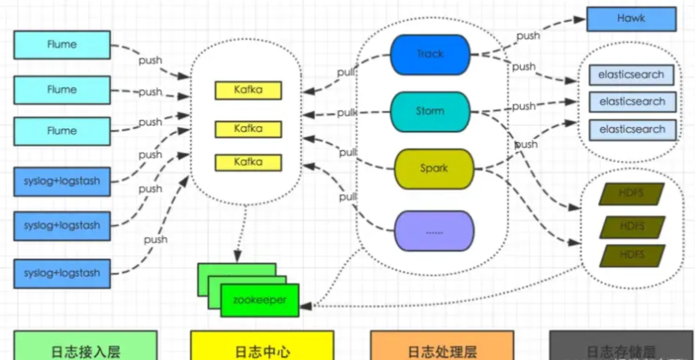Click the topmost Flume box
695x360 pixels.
pyautogui.click(x=62, y=45)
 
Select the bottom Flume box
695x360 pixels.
pyautogui.click(x=62, y=131)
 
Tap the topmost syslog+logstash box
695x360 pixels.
pyautogui.click(x=62, y=181)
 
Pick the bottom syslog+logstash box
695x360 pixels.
pyautogui.click(x=62, y=273)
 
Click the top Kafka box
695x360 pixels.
pyautogui.click(x=248, y=90)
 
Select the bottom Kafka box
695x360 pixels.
pyautogui.click(x=248, y=162)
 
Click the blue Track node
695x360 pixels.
pyautogui.click(x=430, y=54)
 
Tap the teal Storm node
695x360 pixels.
pyautogui.click(x=430, y=111)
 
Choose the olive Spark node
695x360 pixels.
pyautogui.click(x=434, y=169)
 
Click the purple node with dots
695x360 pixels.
pyautogui.click(x=434, y=232)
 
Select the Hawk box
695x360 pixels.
pyautogui.click(x=631, y=19)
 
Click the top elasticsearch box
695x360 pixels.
pyautogui.click(x=631, y=75)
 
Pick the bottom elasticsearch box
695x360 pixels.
pyautogui.click(x=632, y=129)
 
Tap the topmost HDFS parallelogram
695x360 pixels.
pyautogui.click(x=632, y=194)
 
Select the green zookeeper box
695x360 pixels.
pyautogui.click(x=260, y=300)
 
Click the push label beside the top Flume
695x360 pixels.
pyautogui.click(x=150, y=60)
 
